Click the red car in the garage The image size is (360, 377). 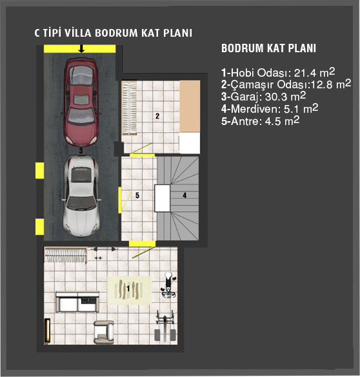coord(81,102)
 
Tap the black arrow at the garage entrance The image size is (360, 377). coord(82,48)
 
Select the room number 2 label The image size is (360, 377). coord(157,116)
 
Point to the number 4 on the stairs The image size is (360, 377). coord(185,195)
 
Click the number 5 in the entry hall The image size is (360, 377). coord(137,195)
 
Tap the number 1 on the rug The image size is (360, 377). coord(128,288)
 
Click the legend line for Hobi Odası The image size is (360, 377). coord(278,72)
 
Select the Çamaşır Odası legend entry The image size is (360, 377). coord(286,84)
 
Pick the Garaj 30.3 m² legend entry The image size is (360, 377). coord(263,97)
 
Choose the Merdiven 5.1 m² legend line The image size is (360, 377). coord(270,109)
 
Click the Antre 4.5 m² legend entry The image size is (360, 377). coord(261,121)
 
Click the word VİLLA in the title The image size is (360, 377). coord(77,33)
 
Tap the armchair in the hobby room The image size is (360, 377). coord(104,332)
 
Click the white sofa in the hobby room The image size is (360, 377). coord(77,302)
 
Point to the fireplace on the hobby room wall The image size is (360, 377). coord(47,331)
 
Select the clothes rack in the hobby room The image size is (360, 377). coord(65,255)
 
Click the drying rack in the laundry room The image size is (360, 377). coord(129,108)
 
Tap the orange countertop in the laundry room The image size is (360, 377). coord(190,106)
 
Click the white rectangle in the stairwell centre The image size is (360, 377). coord(162,198)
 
